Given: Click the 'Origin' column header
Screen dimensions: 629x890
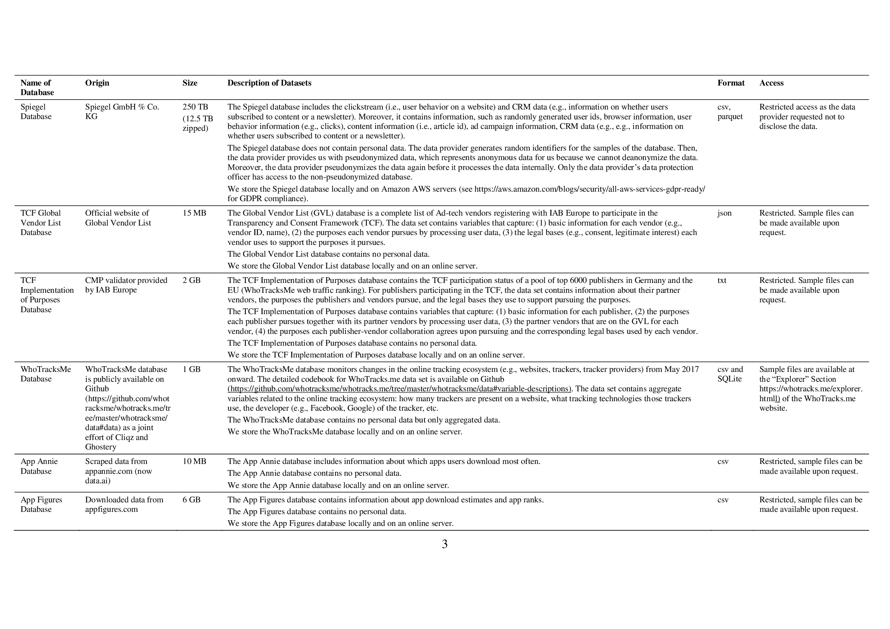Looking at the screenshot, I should coord(97,83).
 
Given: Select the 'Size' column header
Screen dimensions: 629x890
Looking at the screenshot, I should coord(189,83).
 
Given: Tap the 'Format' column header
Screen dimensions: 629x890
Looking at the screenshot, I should coord(731,83).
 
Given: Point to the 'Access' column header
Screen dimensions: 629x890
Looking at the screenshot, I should coord(771,83).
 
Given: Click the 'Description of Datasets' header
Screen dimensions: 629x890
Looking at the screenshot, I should coord(269,83).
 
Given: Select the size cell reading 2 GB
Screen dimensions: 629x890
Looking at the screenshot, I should coord(191,280).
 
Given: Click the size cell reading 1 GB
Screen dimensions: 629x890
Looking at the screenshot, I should coord(191,370).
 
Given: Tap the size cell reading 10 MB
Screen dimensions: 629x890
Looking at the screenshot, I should coord(194,461).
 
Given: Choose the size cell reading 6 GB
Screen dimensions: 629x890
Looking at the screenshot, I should coord(191,500).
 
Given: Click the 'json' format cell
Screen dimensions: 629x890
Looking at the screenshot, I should coord(724,213).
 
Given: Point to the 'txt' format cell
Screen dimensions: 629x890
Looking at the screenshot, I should coord(722,280).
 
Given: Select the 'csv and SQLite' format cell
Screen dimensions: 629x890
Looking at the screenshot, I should coord(730,374).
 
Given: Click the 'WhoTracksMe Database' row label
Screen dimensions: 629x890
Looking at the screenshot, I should coord(46,374).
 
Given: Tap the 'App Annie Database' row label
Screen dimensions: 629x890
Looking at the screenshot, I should coord(39,466).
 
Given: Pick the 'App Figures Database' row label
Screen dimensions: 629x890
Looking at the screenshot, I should coord(41,504).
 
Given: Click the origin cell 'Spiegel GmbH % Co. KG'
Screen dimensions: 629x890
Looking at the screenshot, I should coord(122,111).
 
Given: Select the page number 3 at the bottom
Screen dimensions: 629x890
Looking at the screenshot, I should coord(444,544).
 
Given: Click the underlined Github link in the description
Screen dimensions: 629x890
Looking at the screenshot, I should coord(399,389).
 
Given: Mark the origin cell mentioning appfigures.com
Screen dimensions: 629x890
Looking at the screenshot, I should coord(124,504).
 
